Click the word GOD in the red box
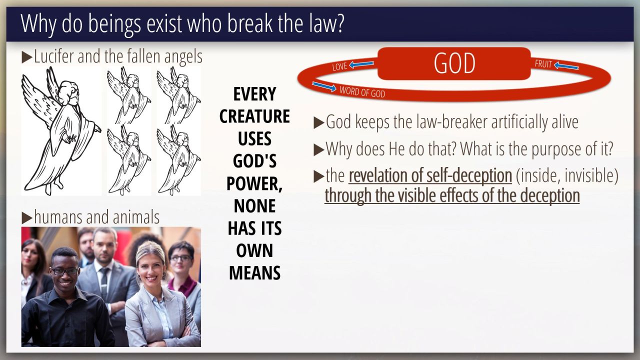[x=454, y=63]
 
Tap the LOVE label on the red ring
[x=339, y=66]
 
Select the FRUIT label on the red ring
[x=543, y=64]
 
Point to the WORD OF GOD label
[x=362, y=92]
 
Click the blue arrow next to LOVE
[x=361, y=64]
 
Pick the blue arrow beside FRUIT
[x=566, y=66]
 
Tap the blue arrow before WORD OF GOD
[x=324, y=86]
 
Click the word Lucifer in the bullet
[x=54, y=56]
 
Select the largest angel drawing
[x=61, y=131]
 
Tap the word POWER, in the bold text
[x=254, y=183]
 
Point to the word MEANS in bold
[x=254, y=273]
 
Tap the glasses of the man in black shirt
[x=64, y=271]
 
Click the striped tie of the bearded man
[x=104, y=283]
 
